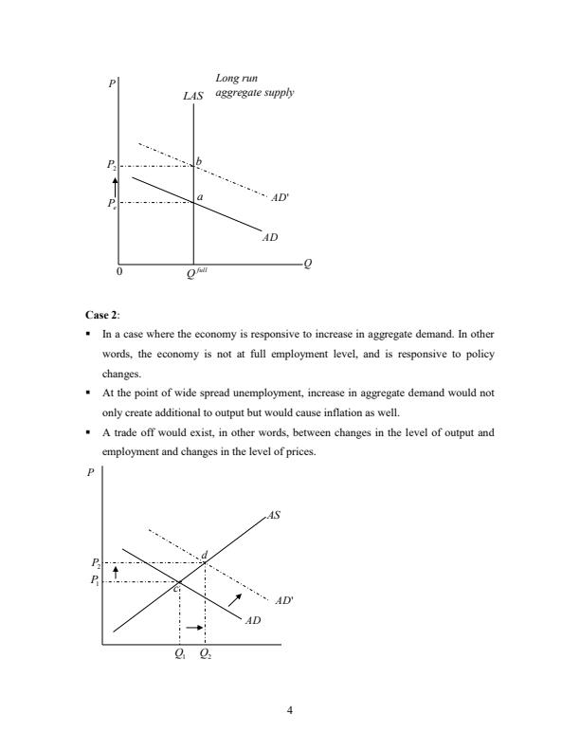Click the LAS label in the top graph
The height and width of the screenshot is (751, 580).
(193, 96)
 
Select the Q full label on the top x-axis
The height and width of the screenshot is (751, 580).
(197, 272)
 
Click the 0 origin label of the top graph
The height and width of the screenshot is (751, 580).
(119, 271)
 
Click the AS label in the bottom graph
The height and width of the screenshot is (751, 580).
(275, 516)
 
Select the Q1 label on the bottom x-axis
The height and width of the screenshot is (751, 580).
(180, 652)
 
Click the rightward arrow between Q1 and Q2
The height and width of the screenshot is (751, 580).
(194, 628)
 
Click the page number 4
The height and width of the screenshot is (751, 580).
(290, 705)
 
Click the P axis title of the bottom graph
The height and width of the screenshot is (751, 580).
(90, 477)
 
